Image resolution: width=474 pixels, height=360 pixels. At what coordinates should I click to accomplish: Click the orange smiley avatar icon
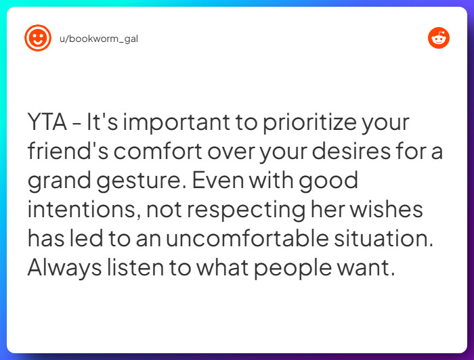coord(38,38)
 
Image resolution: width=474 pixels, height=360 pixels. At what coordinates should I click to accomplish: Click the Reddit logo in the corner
coord(439,38)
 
